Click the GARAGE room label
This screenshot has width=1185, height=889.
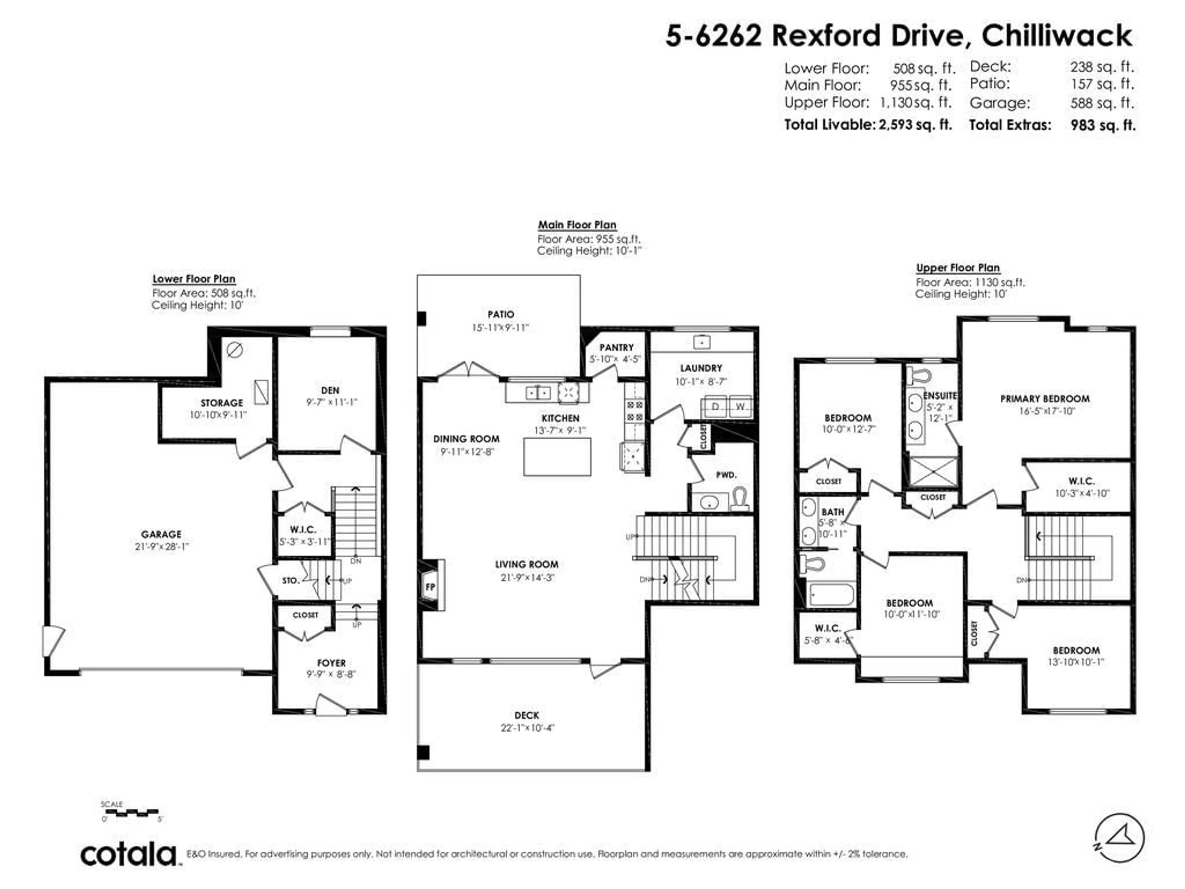click(161, 534)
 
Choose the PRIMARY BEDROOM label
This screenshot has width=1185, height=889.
click(1045, 399)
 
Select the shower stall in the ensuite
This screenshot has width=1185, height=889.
click(933, 472)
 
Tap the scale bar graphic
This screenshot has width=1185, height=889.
click(130, 813)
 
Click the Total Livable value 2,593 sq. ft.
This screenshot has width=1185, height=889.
click(915, 125)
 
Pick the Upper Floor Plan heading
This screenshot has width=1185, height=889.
click(958, 268)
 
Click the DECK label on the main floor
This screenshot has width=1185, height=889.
click(526, 716)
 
